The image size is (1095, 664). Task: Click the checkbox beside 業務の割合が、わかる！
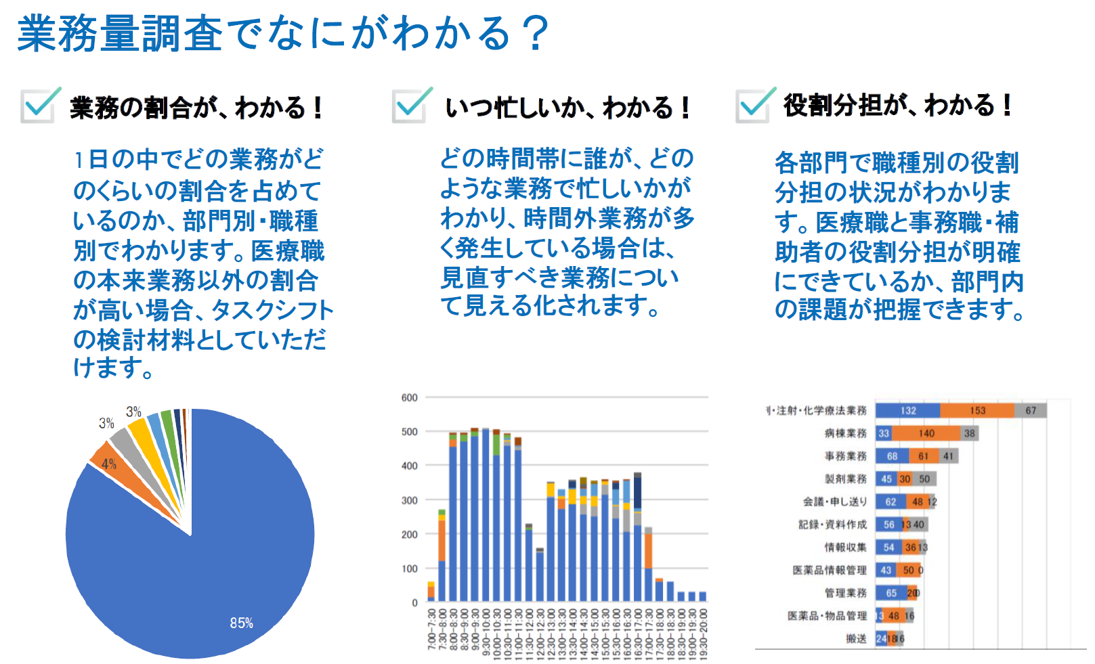[x=38, y=106]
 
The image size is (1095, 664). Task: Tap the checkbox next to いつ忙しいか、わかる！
[x=410, y=106]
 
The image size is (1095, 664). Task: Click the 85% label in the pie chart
[x=241, y=623]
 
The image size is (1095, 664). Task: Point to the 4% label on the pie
[x=109, y=464]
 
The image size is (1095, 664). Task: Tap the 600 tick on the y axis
[x=409, y=397]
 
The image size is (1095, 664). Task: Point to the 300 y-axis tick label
[x=409, y=500]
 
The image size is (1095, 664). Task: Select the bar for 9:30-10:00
[x=486, y=514]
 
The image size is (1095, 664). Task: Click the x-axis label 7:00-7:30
[x=431, y=629]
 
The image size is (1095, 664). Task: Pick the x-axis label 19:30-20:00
[x=702, y=629]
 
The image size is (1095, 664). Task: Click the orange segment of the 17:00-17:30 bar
[x=648, y=550]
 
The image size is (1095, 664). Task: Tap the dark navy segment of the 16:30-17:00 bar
[x=637, y=491]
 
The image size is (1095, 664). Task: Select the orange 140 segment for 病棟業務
[x=926, y=433]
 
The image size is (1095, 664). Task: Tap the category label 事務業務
[x=845, y=456]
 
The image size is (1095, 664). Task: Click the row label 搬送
[x=856, y=638]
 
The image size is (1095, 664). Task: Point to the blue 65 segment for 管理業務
[x=890, y=593]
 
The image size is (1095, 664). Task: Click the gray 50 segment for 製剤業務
[x=924, y=479]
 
